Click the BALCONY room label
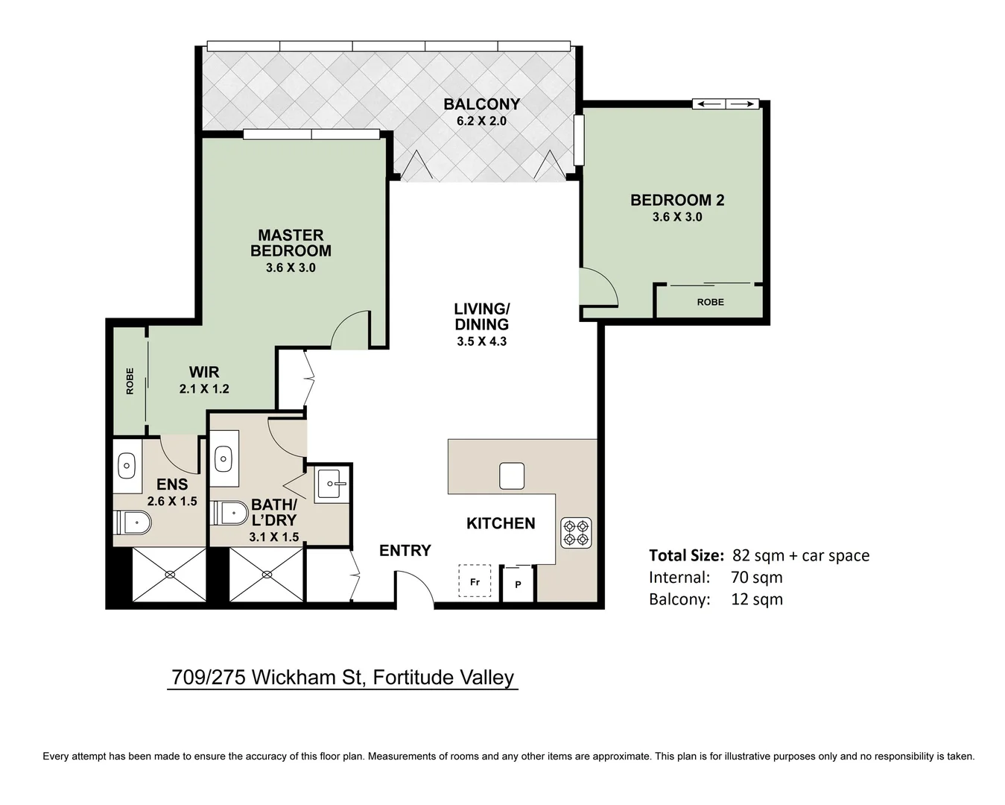pos(481,104)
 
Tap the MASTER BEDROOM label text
pos(291,243)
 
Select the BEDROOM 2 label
pos(676,200)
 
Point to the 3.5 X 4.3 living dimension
pos(481,341)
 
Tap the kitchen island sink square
pos(511,476)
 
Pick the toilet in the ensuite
pos(132,523)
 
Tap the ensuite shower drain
pos(170,574)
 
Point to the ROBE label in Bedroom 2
pos(710,302)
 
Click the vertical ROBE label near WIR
pos(130,381)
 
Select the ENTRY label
pos(405,551)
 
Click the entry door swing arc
pos(414,585)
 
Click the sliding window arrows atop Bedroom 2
pos(725,104)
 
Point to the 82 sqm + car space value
pos(800,555)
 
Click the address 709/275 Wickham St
pos(342,677)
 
